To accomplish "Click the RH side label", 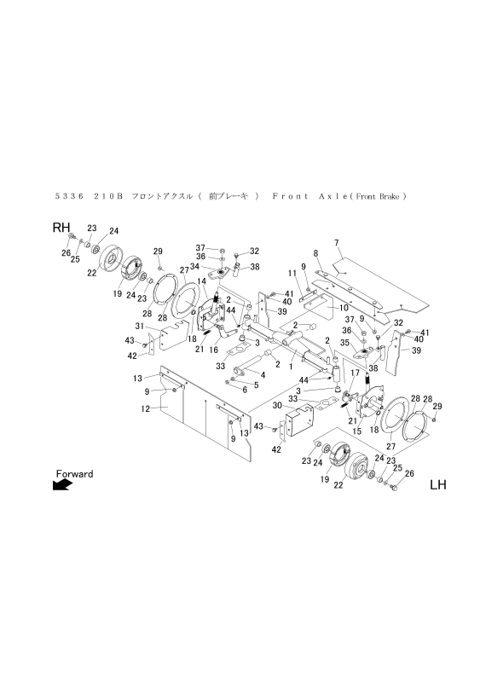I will click(x=61, y=228).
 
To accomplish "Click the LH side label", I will click(x=437, y=486).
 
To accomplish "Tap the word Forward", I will click(x=74, y=473).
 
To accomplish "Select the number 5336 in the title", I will click(x=67, y=195).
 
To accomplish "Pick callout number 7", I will click(x=337, y=243).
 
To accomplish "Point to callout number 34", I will click(x=195, y=265).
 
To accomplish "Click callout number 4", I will click(x=263, y=374).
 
